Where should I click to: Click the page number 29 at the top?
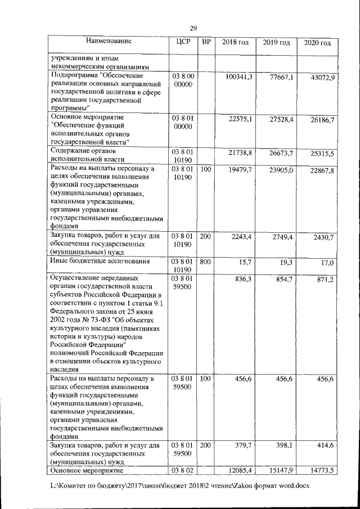(193, 28)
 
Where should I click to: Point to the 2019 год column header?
(276, 42)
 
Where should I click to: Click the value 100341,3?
(238, 76)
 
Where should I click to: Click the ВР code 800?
(205, 262)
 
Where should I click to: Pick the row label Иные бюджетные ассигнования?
(100, 262)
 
